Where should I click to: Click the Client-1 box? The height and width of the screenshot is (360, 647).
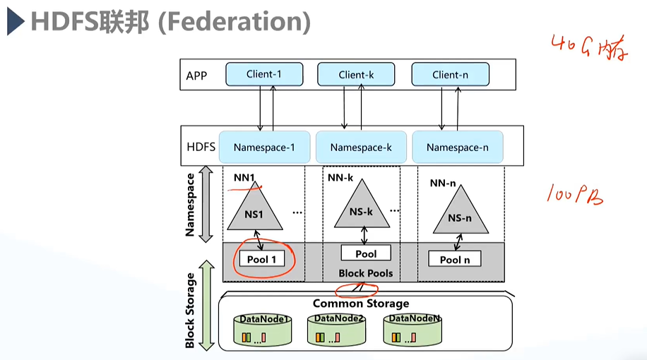pos(263,74)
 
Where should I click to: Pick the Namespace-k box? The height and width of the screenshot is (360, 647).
pos(360,148)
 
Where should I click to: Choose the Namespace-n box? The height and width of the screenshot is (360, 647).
pos(457,148)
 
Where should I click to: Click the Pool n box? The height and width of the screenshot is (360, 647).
pos(455,259)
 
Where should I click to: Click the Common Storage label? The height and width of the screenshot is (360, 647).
pos(360,304)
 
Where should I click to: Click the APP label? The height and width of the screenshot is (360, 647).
pos(196,76)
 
